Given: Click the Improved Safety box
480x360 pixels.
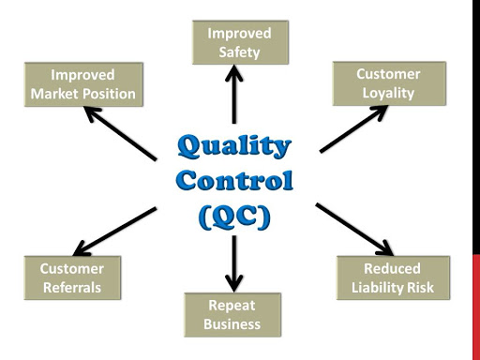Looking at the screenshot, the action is tap(233, 42).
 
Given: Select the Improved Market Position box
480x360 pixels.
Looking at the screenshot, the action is tap(82, 84).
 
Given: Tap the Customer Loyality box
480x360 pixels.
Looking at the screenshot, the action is tap(388, 83).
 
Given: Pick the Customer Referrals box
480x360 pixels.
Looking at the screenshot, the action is tap(72, 277).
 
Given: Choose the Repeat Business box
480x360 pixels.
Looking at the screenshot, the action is tap(232, 315).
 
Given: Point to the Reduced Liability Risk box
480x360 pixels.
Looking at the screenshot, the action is tap(393, 277).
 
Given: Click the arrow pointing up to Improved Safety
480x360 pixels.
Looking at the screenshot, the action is tap(234, 94).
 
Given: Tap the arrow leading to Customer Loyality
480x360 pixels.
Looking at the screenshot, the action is tap(353, 128).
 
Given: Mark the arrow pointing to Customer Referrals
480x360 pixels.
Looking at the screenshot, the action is tap(114, 231).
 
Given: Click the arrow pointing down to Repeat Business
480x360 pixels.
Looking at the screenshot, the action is tap(234, 262).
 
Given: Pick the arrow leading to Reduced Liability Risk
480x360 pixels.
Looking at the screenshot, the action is tap(353, 228).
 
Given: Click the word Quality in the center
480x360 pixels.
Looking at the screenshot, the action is tap(233, 146).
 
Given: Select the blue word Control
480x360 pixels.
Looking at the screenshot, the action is tap(234, 180).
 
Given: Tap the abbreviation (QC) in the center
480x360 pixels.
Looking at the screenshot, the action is tap(234, 215).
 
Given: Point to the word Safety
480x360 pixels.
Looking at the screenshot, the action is tap(239, 52).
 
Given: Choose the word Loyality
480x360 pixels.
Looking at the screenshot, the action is tap(388, 94).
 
